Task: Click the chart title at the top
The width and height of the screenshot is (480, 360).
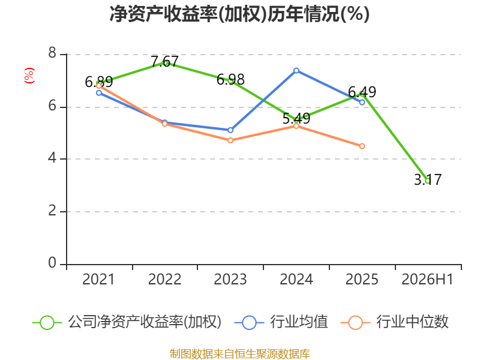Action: click(239, 14)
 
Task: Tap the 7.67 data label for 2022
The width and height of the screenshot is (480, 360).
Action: click(164, 62)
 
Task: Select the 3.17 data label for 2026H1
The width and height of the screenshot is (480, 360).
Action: click(428, 179)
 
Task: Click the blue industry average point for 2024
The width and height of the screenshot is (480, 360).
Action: click(296, 71)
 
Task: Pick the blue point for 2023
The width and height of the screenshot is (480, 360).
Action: click(230, 130)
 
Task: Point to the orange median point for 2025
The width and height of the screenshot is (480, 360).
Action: click(362, 146)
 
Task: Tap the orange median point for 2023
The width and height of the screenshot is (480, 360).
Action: click(230, 140)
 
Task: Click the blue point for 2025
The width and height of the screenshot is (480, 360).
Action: click(362, 102)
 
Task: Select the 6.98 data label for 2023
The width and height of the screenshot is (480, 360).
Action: click(230, 80)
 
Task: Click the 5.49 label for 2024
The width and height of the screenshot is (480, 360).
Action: click(296, 118)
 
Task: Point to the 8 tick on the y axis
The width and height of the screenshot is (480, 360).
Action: click(52, 53)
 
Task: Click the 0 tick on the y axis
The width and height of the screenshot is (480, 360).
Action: click(52, 263)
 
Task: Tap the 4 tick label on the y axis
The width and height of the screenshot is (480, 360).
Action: click(52, 158)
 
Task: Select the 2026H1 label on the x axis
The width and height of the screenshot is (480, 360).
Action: click(427, 279)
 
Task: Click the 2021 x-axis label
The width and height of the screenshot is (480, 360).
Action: click(98, 279)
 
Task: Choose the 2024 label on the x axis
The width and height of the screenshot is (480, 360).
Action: click(296, 279)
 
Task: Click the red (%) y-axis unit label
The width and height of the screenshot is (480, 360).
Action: click(29, 76)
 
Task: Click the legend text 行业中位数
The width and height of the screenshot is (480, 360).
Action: click(412, 322)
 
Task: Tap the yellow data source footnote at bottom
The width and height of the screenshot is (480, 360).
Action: click(240, 353)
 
